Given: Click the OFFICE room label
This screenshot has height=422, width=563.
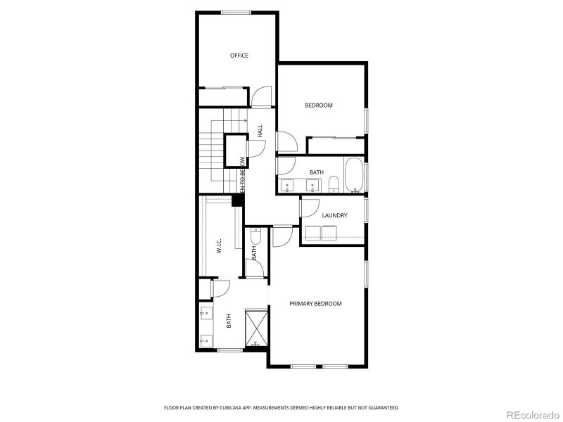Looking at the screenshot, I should [x=239, y=56].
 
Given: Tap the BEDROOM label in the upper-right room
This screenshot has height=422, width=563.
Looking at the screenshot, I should [x=318, y=105].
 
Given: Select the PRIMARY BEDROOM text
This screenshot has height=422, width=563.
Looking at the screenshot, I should [x=315, y=304].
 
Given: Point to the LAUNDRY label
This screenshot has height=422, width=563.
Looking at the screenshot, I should [x=334, y=215].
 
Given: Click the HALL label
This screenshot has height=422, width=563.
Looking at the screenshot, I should [x=260, y=131].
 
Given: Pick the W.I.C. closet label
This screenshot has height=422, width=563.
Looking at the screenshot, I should [x=220, y=245].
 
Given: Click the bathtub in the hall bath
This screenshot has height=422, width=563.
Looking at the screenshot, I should [x=353, y=176].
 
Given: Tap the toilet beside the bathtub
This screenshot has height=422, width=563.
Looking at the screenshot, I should [x=334, y=185].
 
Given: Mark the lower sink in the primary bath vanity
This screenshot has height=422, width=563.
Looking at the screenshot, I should [x=205, y=340].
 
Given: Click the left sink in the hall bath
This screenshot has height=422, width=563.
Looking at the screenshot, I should [x=289, y=186].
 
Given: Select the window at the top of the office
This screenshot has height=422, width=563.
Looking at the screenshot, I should [x=232, y=13].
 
